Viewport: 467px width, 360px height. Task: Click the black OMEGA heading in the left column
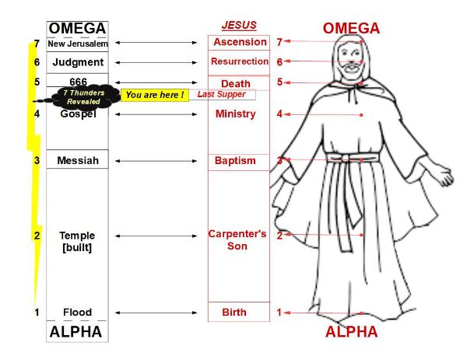[x=77, y=29]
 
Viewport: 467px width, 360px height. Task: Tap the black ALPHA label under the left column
[x=75, y=332]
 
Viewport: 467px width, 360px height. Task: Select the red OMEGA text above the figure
[x=351, y=29]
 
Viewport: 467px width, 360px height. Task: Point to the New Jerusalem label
[x=77, y=44]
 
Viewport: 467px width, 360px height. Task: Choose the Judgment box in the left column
[x=77, y=62]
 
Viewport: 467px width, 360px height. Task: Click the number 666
[x=78, y=82]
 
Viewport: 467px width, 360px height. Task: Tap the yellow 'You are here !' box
[x=154, y=95]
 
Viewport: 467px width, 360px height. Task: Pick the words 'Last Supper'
[x=221, y=94]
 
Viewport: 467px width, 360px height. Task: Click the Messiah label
[x=77, y=161]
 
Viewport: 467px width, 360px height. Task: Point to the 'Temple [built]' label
[x=77, y=241]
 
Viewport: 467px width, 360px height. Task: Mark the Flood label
[x=77, y=313]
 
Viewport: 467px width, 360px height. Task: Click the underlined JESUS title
[x=238, y=24]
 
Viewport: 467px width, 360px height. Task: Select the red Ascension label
[x=239, y=42]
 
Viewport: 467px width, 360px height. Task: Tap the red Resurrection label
[x=239, y=61]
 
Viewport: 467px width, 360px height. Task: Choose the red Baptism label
[x=235, y=161]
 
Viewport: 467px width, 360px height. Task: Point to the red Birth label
[x=234, y=313]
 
